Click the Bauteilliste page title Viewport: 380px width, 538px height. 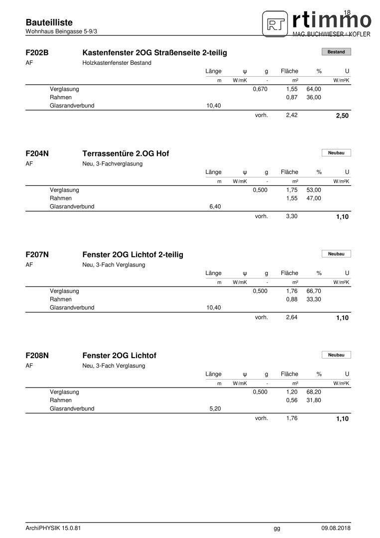[x=49, y=22]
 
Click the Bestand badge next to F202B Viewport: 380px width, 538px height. [x=336, y=52]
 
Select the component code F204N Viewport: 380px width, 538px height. [x=37, y=153]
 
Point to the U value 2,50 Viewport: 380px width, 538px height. [x=342, y=116]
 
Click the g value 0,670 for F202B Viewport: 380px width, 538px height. [x=260, y=89]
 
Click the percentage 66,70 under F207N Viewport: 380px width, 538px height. [x=314, y=291]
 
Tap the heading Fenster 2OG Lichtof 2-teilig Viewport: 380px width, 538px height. [x=132, y=255]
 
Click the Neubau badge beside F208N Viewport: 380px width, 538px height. [x=336, y=355]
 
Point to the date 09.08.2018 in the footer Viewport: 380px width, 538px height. [x=336, y=528]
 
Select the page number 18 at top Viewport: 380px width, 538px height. [x=347, y=12]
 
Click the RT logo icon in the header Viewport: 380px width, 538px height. [x=275, y=23]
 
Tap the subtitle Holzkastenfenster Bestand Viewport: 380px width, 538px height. [x=117, y=63]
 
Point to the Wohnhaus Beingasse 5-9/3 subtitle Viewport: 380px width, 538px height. [x=61, y=31]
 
